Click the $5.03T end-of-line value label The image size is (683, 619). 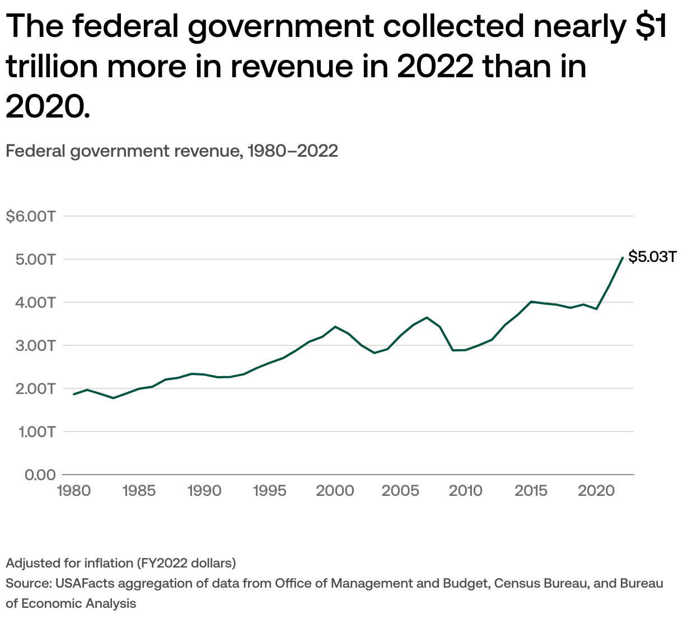pos(652,257)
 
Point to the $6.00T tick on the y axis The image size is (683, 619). pos(30,216)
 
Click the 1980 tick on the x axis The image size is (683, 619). pos(74,491)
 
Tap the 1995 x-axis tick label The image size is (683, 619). pos(270,491)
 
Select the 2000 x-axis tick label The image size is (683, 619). pos(335,491)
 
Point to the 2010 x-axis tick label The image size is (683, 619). pos(465,491)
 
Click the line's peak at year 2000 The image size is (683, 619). pos(335,327)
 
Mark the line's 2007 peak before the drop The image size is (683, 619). pos(427,317)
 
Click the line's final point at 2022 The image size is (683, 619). pos(623,257)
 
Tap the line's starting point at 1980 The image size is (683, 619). pos(74,394)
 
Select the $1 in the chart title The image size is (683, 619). pos(652,26)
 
